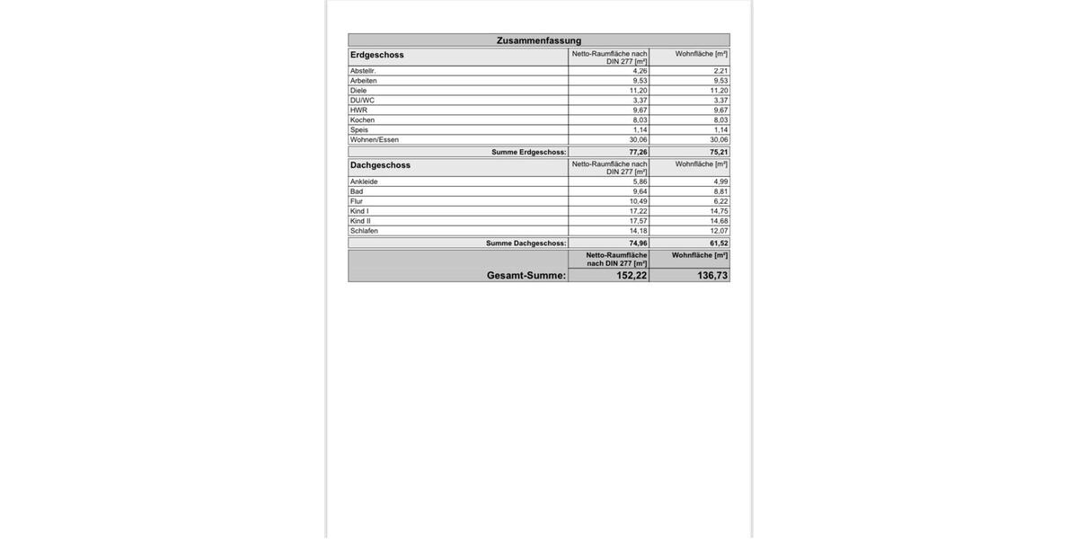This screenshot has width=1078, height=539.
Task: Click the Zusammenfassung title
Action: click(539, 40)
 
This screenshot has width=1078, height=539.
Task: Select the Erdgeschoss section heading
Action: click(377, 55)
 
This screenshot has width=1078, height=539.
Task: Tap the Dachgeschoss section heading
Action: click(380, 165)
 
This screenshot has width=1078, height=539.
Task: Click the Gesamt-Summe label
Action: click(526, 276)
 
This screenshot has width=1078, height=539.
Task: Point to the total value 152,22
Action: click(632, 276)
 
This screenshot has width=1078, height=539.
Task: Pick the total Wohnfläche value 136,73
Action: click(712, 276)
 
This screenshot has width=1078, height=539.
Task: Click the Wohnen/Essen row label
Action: click(375, 140)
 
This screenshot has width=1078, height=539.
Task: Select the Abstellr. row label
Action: click(363, 71)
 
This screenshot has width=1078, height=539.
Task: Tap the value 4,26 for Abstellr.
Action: click(640, 71)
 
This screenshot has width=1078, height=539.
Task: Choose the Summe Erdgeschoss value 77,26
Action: click(638, 152)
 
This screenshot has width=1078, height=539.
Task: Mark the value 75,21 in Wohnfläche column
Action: click(719, 152)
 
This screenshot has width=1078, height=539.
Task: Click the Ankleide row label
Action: click(364, 181)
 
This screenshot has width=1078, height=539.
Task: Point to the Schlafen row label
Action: click(364, 231)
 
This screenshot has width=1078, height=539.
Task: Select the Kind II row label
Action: click(360, 221)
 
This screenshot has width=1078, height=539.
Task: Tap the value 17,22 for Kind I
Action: click(638, 211)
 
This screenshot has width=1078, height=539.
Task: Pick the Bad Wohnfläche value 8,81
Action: click(720, 191)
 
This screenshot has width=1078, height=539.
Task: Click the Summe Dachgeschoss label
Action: click(526, 243)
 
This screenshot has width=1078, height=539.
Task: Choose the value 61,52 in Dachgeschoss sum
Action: click(719, 243)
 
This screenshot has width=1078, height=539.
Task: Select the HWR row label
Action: click(358, 110)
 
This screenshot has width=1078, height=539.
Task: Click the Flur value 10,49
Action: click(638, 201)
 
